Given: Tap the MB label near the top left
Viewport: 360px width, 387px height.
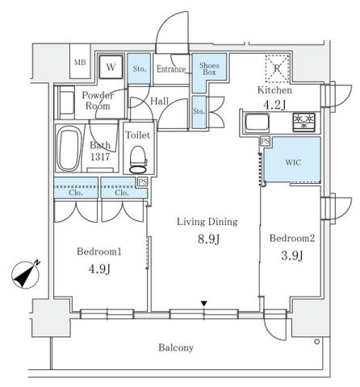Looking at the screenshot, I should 81,63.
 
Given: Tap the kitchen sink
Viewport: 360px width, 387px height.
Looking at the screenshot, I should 257,123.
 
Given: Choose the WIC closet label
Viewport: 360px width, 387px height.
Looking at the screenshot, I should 293,161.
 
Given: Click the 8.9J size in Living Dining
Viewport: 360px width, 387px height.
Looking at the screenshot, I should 203,239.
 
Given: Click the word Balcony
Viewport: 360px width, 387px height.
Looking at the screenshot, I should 176,347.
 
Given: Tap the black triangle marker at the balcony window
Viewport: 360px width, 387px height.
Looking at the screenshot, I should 204,304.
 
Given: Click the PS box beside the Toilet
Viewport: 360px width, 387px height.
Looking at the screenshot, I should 141,182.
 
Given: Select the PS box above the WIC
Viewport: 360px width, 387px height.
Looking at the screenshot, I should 264,141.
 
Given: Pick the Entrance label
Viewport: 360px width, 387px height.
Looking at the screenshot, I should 171,70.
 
